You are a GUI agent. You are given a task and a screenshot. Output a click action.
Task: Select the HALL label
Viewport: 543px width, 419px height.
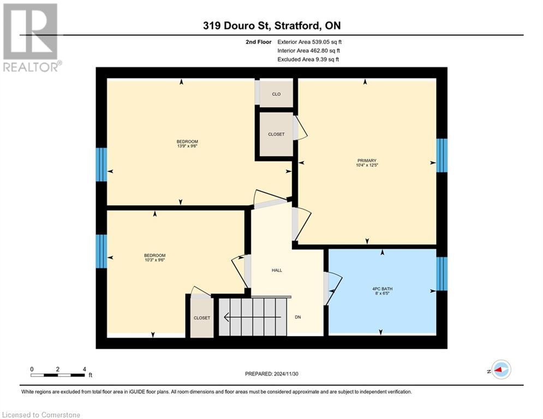click(x=277, y=270)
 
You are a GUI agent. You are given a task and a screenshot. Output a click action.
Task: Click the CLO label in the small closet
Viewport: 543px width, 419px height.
click(x=276, y=94)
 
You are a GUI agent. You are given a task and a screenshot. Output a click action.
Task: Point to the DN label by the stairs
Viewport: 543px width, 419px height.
click(x=298, y=317)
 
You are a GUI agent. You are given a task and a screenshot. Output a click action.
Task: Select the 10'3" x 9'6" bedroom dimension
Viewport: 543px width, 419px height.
click(x=154, y=260)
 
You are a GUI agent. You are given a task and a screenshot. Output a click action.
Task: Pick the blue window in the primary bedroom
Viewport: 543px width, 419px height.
click(x=441, y=155)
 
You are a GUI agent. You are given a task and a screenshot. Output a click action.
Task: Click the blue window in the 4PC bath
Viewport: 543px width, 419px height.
click(x=441, y=274)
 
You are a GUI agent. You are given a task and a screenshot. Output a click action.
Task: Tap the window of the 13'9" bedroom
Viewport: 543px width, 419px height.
click(x=101, y=164)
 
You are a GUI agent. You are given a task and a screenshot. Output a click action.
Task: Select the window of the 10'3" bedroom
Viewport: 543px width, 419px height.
click(x=101, y=252)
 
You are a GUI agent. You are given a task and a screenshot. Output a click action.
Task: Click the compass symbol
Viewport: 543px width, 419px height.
click(x=500, y=369)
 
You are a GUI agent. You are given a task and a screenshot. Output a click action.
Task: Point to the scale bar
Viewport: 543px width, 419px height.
click(x=57, y=375)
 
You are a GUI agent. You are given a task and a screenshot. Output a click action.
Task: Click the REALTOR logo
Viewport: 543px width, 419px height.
click(x=31, y=37)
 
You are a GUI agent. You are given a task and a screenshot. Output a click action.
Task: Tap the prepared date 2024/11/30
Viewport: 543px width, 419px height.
click(x=272, y=374)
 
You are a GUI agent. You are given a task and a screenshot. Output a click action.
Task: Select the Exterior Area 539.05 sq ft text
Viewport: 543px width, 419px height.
click(x=309, y=41)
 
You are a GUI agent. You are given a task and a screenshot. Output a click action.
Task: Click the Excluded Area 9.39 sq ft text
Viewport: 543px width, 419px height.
click(x=308, y=59)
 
